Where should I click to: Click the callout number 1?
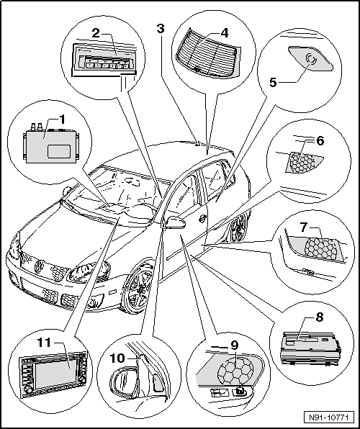pyautogui.click(x=62, y=119)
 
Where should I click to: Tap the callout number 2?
pyautogui.click(x=96, y=33)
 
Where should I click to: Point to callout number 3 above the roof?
pyautogui.click(x=161, y=29)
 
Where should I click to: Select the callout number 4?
pyautogui.click(x=224, y=33)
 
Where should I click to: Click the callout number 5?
pyautogui.click(x=273, y=82)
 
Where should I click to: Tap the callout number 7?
pyautogui.click(x=304, y=227)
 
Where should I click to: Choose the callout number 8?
pyautogui.click(x=319, y=317)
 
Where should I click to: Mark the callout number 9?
pyautogui.click(x=235, y=346)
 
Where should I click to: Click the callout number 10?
pyautogui.click(x=117, y=358)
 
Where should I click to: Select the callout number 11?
pyautogui.click(x=44, y=343)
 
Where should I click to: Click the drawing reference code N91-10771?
pyautogui.click(x=328, y=417)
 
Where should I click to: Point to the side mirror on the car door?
pyautogui.click(x=175, y=222)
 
